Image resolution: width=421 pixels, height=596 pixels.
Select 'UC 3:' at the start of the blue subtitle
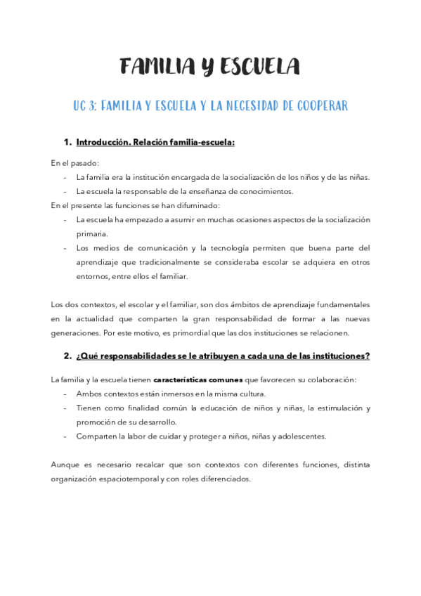tap(84, 106)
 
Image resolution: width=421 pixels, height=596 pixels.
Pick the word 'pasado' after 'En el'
tap(85, 162)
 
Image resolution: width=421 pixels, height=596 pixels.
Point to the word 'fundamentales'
tap(342, 304)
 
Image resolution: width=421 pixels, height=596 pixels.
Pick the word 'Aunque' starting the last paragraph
tap(65, 465)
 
